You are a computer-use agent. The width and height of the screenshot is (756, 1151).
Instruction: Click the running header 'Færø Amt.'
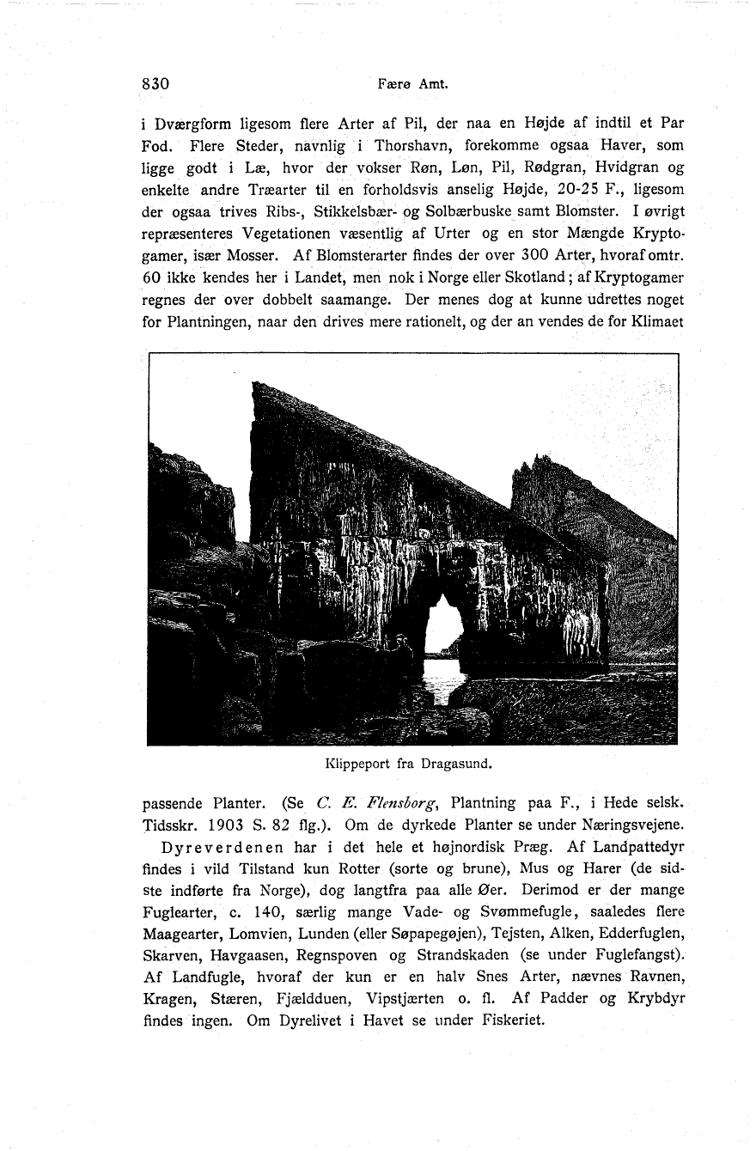[x=402, y=85]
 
